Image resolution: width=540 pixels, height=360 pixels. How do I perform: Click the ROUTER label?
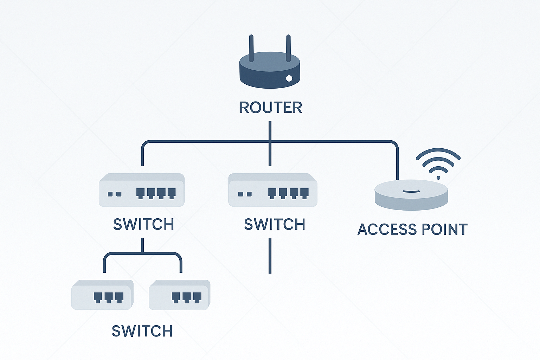[x=270, y=108]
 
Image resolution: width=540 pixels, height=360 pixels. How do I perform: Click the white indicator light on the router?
[x=289, y=78]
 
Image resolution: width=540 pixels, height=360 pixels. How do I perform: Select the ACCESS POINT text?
[x=412, y=230]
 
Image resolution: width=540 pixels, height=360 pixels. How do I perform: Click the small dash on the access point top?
[x=411, y=192]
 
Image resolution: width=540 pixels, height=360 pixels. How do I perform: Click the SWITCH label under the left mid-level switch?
[x=143, y=224]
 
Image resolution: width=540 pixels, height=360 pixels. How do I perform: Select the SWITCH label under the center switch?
[x=274, y=224]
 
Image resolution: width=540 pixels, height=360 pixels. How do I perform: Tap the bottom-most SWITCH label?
[x=142, y=331]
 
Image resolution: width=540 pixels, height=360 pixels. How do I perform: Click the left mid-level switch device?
[x=142, y=190]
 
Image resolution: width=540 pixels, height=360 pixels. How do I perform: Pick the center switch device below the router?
[x=273, y=190]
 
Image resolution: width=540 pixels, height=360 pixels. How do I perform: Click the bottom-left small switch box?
[x=102, y=295]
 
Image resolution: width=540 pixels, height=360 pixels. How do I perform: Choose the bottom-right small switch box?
[x=179, y=295]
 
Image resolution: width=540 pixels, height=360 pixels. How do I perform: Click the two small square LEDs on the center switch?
[x=245, y=194]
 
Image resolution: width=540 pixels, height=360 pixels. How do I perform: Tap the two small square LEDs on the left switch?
[x=115, y=194]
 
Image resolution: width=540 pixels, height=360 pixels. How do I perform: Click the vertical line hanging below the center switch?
[x=270, y=256]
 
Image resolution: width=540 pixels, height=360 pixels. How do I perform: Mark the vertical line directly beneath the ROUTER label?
[x=270, y=131]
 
